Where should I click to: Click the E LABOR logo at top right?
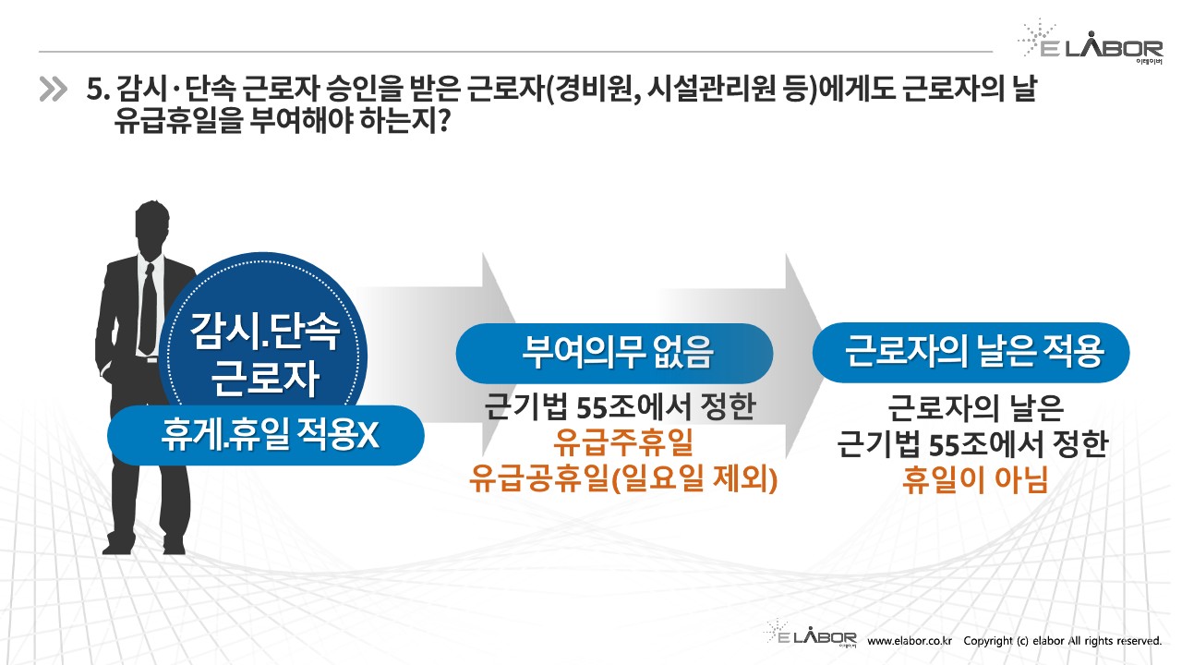[1091, 42]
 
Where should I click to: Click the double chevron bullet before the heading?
[54, 90]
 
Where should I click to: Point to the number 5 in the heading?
[93, 89]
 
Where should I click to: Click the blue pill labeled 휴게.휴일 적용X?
[265, 435]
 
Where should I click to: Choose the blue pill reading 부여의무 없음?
[614, 353]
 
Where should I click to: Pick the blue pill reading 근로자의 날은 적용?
[971, 352]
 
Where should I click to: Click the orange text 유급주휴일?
[623, 442]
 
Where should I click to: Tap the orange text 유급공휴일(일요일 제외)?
[623, 479]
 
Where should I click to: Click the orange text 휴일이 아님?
[974, 479]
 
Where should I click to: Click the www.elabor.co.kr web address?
[910, 641]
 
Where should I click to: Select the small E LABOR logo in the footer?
[810, 634]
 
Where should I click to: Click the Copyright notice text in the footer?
[1063, 641]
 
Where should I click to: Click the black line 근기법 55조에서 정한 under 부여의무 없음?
[620, 407]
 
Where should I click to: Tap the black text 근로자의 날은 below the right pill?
[975, 408]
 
